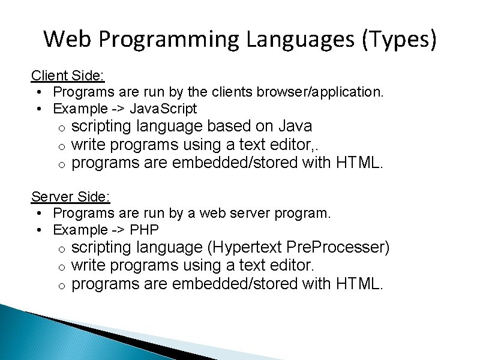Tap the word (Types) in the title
tap(399, 40)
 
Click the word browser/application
tap(320, 92)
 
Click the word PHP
tap(144, 230)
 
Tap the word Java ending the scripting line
tap(295, 127)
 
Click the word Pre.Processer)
tap(338, 247)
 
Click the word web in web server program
tap(212, 213)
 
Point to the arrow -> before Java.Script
tap(118, 109)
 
